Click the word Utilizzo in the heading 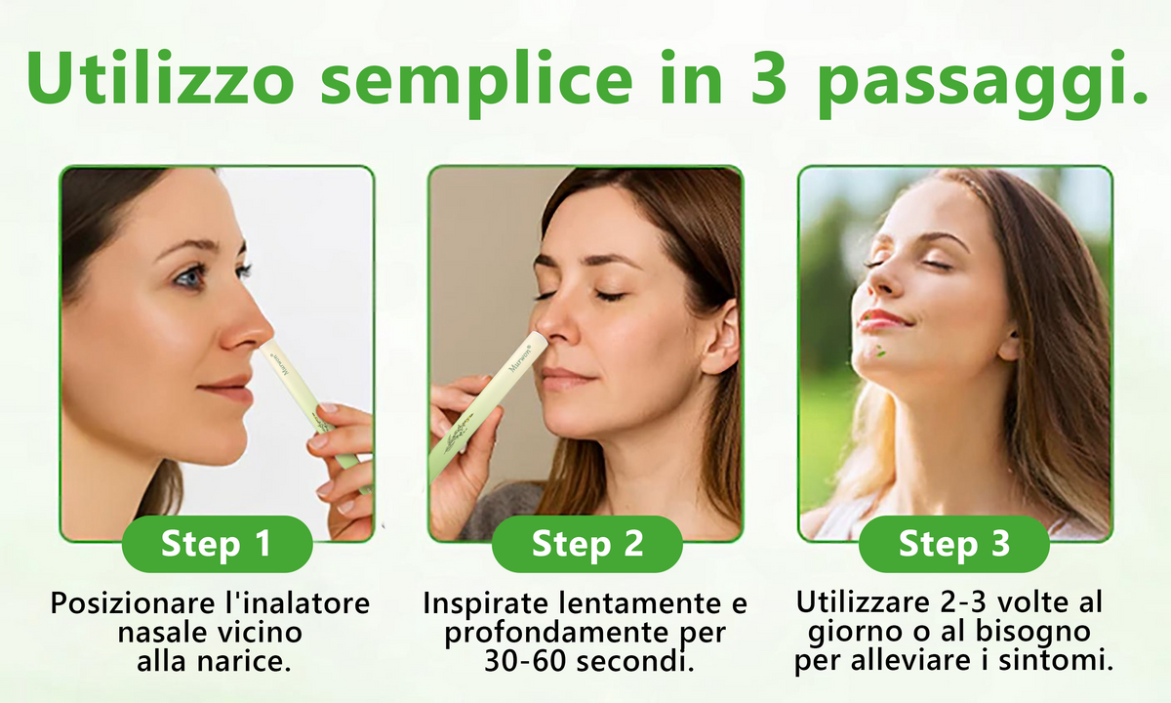point(160,77)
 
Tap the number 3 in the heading point(768,77)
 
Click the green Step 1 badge point(217,544)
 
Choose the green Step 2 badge point(587,544)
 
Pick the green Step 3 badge point(954,544)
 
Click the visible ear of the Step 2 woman point(721,338)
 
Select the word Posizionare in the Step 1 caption point(133,603)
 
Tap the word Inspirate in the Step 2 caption point(486,603)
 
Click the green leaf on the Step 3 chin point(881,351)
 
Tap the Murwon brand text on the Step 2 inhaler point(520,357)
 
